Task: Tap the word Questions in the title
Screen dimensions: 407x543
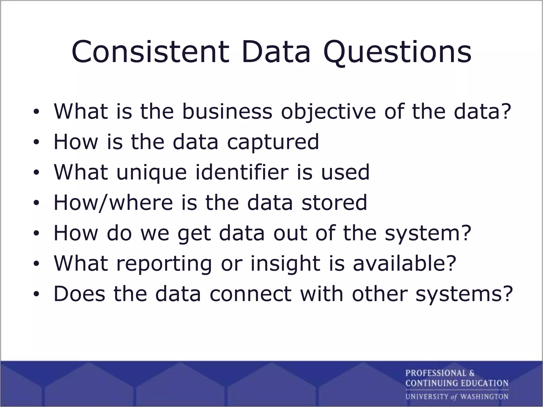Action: pos(397,52)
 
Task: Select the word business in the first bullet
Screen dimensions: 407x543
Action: pos(227,111)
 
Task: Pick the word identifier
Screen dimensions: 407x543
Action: pos(242,172)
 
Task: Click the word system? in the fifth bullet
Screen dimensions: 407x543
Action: pos(428,233)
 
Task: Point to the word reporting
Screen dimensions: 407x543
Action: pos(164,264)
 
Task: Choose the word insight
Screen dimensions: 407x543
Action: pos(285,264)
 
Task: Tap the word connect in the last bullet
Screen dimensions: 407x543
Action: pos(251,294)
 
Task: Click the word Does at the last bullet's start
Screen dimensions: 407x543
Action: pos(79,294)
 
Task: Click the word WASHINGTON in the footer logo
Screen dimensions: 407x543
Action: pos(484,397)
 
